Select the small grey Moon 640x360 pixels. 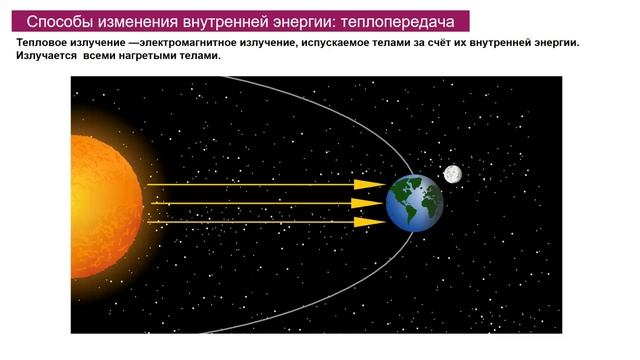(452, 174)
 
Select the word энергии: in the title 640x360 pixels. (299, 21)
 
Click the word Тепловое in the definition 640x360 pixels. (43, 44)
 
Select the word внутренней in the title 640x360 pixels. (217, 21)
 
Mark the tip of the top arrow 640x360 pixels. (384, 185)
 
